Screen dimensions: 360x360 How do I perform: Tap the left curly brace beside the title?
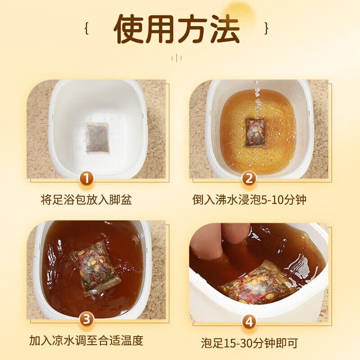point(86,28)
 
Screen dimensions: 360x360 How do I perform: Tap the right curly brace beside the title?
point(266,28)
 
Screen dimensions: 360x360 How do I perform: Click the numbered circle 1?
point(87,179)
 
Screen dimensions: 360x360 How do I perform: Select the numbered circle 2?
point(248,179)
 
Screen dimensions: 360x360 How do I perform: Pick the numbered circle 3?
point(87,320)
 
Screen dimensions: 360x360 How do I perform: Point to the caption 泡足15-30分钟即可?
point(249,344)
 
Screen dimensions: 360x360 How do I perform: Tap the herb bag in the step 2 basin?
point(255,132)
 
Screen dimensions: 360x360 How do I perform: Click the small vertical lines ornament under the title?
point(176,57)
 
